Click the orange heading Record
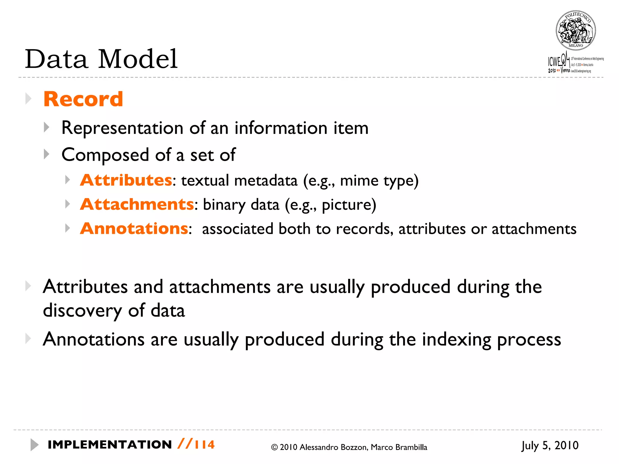coord(83,99)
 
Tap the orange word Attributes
coord(126,180)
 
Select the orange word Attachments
coord(137,205)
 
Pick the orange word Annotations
coord(134,229)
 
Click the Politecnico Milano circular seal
coord(575,31)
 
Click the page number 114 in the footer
coord(205,445)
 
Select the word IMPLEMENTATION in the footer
coord(110,445)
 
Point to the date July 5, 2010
coord(550,446)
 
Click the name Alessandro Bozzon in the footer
coord(334,447)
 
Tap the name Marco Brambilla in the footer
coord(399,447)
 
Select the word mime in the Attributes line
coord(359,181)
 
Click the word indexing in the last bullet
coord(456,340)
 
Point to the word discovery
coord(82,311)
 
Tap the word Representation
coord(122,128)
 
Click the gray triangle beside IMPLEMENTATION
coord(34,445)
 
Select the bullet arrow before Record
coord(28,98)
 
